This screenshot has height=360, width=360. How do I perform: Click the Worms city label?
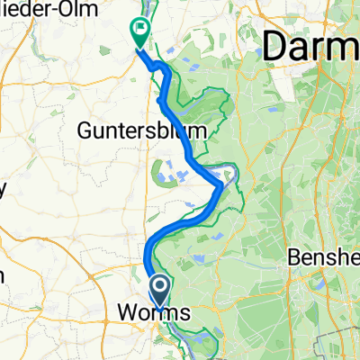click(x=154, y=314)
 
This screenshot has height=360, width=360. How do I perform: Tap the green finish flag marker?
click(x=141, y=33)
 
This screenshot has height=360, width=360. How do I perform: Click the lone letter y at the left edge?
click(x=3, y=190)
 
